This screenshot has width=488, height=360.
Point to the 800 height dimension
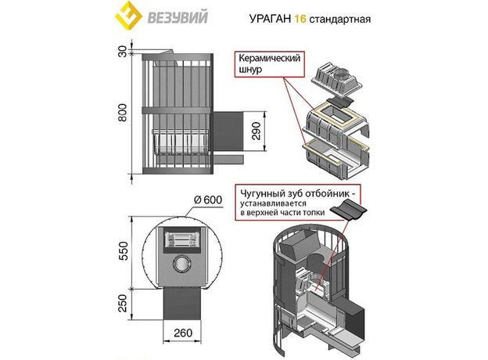122,113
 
